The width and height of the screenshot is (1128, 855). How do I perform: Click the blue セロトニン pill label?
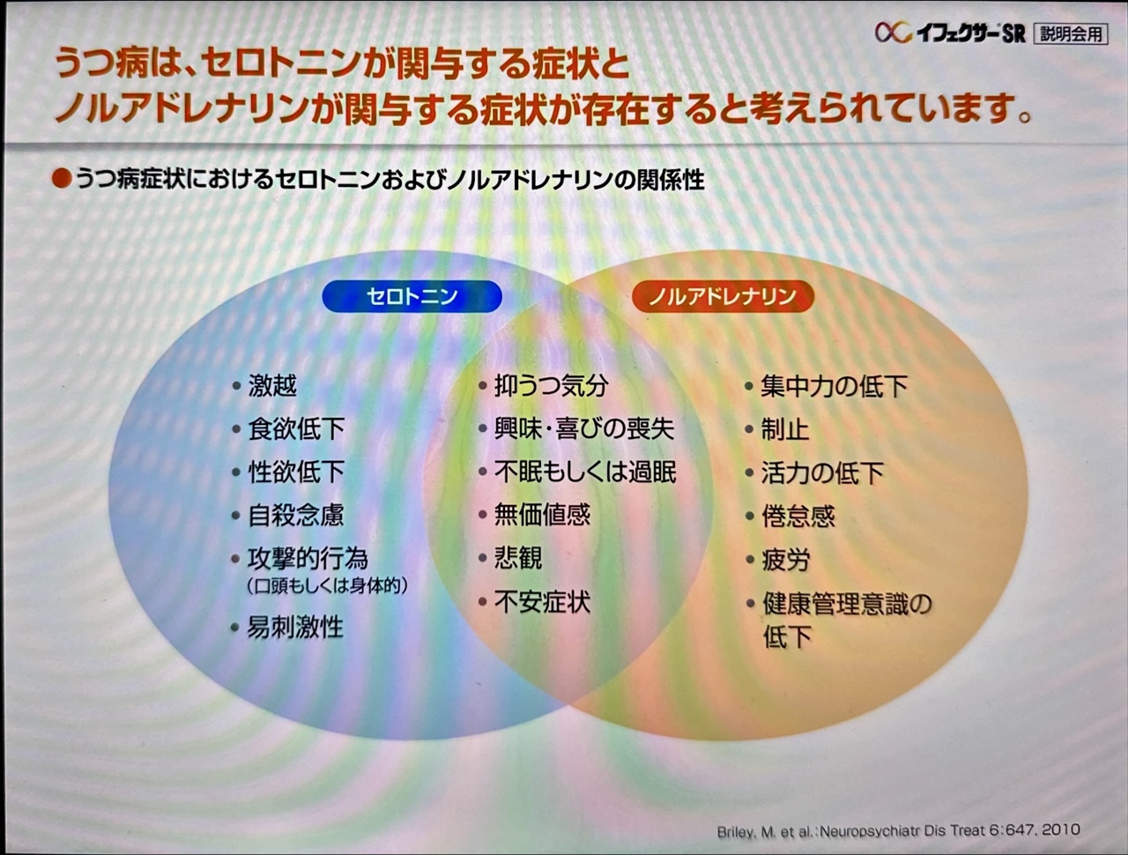coord(412,296)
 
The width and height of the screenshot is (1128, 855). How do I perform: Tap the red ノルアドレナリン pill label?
coord(723,296)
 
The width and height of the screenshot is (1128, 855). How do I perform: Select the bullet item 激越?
coord(272,386)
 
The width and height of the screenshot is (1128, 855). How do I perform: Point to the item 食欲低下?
coord(296,429)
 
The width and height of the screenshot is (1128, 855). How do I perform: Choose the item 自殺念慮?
coord(296,516)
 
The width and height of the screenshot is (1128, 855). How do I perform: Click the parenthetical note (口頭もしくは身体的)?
coord(327,586)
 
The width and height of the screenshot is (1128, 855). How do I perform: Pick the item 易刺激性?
coord(295,627)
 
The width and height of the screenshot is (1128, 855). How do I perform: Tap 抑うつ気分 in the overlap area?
coord(552,386)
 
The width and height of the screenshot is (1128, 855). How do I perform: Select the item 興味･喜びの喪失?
coord(584,429)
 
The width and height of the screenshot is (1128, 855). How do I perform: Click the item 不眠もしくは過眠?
coord(585,472)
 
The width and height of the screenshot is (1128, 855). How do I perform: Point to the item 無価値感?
coord(542,515)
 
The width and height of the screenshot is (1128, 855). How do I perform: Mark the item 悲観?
coord(518,558)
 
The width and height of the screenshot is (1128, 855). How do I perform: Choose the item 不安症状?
coord(542,602)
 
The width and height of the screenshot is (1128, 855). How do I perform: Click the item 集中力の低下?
coord(834,386)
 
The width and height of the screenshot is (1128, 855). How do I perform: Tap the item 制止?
coord(785,429)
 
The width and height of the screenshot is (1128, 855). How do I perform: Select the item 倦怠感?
coord(798,517)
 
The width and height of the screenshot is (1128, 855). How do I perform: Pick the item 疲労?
coord(785,560)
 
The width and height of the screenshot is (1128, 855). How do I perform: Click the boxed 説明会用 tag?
coord(1072,34)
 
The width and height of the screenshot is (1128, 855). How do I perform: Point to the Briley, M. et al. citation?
coord(898,831)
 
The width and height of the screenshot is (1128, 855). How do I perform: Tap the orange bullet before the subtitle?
coord(61,179)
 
